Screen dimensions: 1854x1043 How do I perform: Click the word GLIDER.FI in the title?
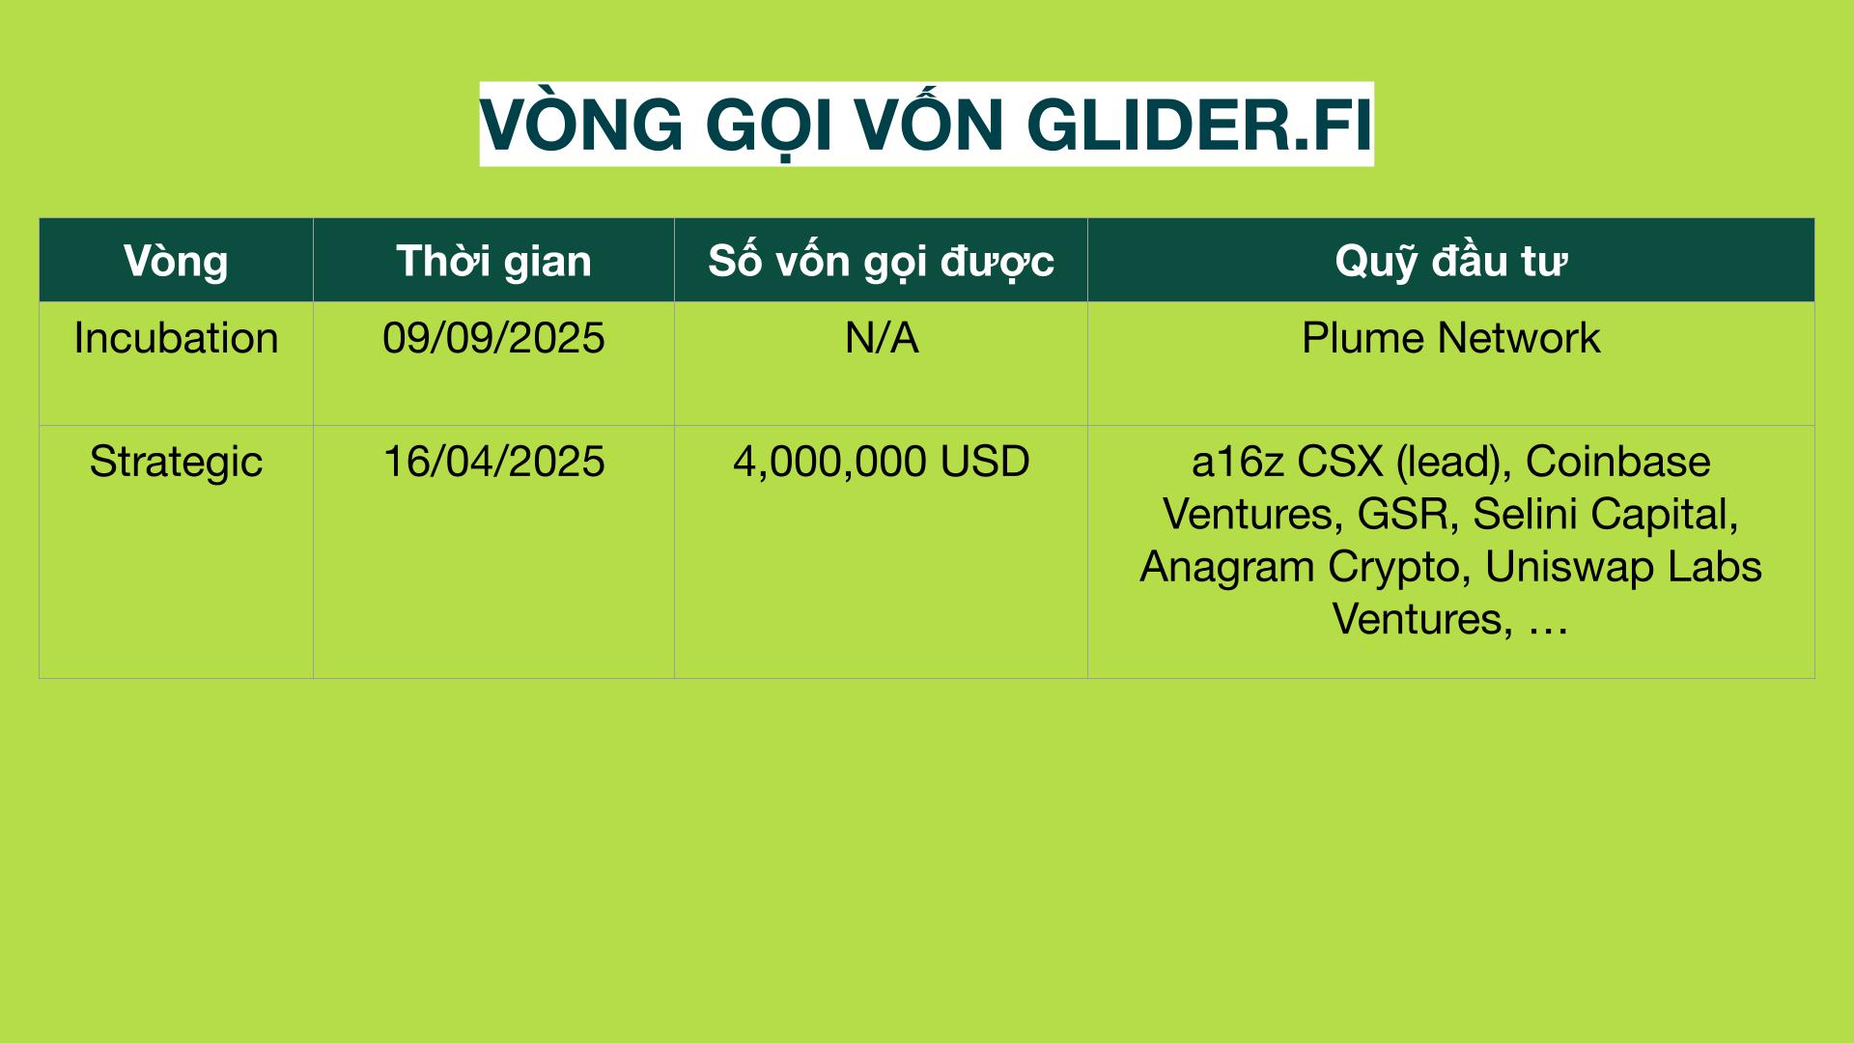(x=1198, y=126)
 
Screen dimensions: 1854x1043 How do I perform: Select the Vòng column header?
(x=176, y=262)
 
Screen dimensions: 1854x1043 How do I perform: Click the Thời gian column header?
(x=493, y=261)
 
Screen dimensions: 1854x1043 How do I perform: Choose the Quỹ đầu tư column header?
(x=1450, y=261)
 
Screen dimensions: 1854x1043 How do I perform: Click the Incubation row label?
(x=176, y=338)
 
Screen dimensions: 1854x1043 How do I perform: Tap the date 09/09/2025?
(x=493, y=338)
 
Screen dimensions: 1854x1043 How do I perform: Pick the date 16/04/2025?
(x=493, y=462)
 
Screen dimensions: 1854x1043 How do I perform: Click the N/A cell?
(x=882, y=338)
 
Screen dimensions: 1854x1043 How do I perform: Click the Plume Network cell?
(x=1450, y=338)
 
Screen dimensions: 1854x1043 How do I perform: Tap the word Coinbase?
(x=1617, y=462)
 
